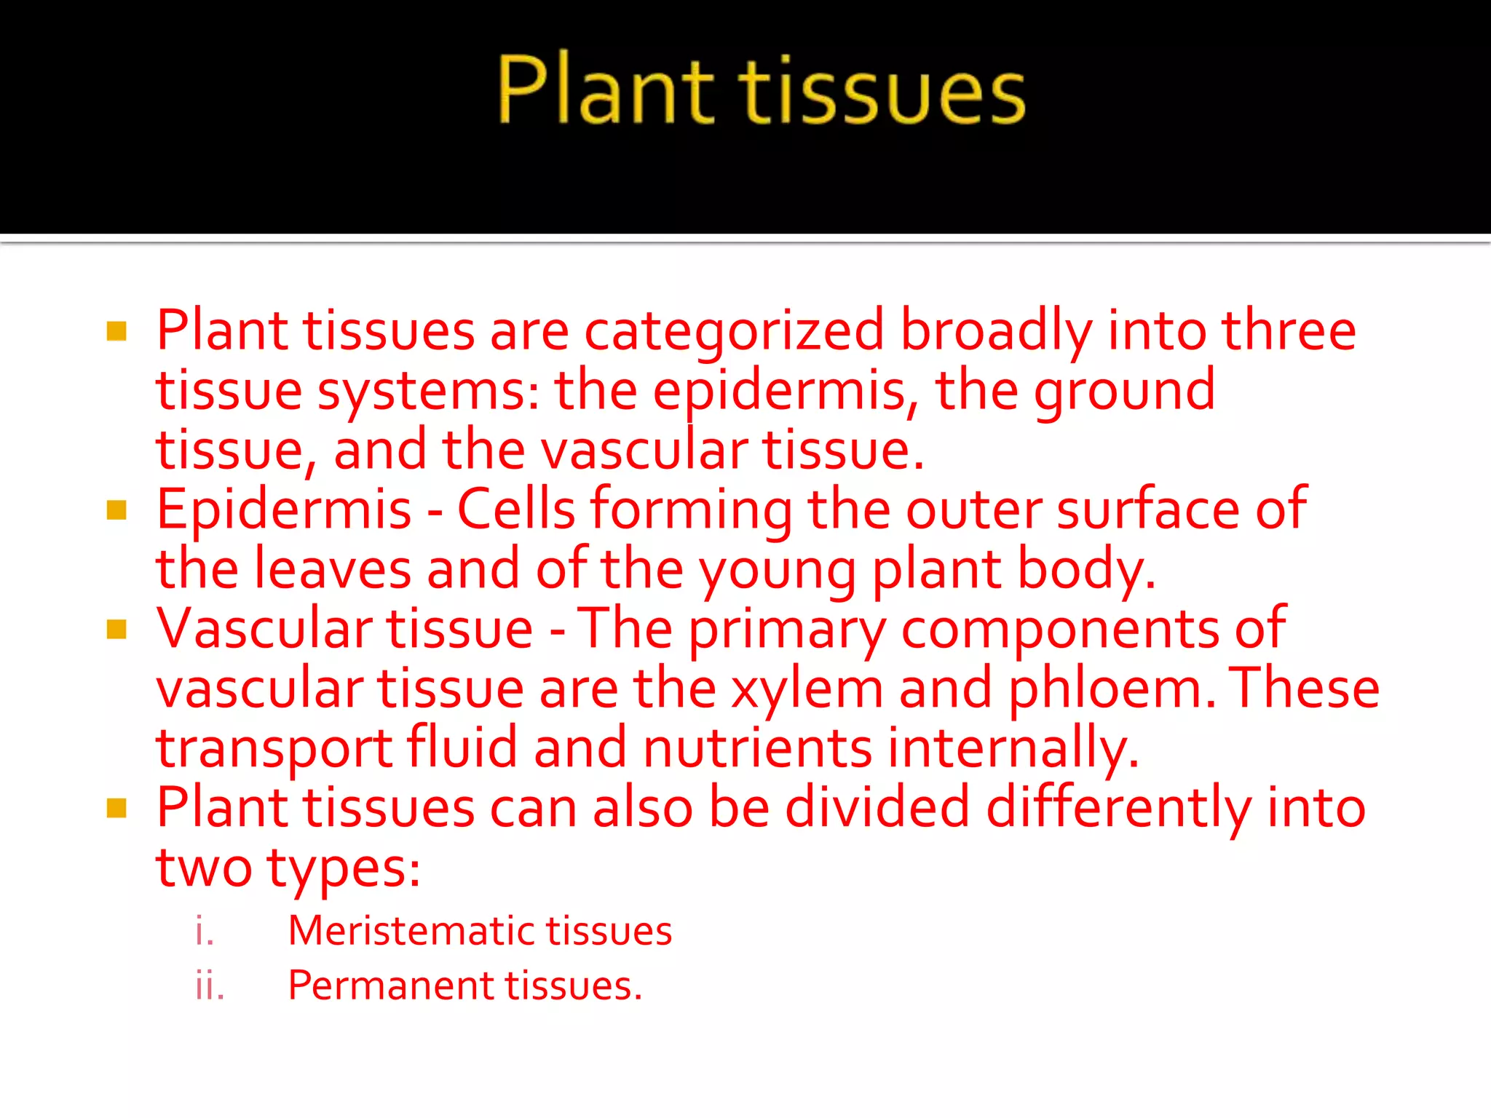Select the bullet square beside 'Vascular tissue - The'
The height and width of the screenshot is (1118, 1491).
(x=116, y=629)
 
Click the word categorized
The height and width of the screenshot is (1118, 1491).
(x=734, y=332)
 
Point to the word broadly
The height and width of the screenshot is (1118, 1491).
(x=996, y=332)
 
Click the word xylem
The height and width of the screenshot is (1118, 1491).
(x=807, y=689)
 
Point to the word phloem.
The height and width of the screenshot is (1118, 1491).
(x=1111, y=689)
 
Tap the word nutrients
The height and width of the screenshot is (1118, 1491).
(x=757, y=748)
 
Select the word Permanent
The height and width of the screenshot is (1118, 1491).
(x=390, y=986)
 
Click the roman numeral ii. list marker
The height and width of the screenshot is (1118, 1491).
(x=210, y=986)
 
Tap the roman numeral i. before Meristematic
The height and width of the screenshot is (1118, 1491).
(x=205, y=931)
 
